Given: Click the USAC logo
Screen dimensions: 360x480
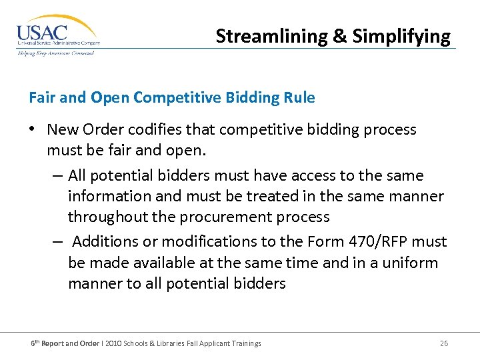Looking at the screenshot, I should [58, 35].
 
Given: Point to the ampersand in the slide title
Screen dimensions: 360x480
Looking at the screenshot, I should [340, 36].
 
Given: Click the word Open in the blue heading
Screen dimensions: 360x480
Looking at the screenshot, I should [109, 98].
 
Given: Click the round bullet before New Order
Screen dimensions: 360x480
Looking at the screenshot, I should [33, 130].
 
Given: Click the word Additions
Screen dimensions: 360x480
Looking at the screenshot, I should [101, 241].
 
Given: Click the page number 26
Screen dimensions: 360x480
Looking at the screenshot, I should [444, 343].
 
